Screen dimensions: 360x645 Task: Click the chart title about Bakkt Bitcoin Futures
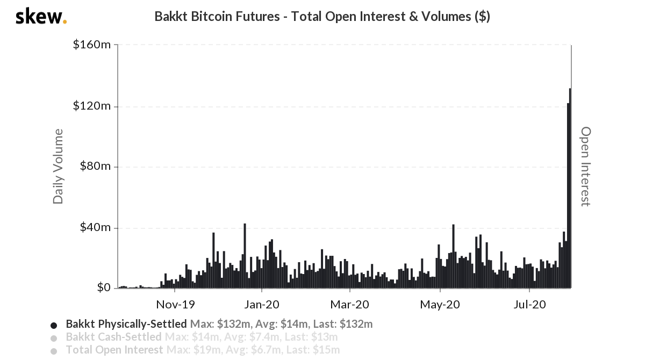(x=322, y=17)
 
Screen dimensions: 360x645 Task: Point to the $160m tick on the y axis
(x=92, y=45)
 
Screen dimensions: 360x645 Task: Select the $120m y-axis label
(x=92, y=106)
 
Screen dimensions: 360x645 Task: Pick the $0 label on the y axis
(x=104, y=288)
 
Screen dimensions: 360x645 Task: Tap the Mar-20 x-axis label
(x=349, y=305)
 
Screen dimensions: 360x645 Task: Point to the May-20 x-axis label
(x=440, y=305)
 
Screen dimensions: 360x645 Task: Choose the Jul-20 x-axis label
(x=529, y=305)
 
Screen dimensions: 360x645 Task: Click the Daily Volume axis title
(x=58, y=167)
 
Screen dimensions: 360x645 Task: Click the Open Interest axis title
(x=585, y=167)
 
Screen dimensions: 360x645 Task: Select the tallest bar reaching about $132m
(x=570, y=188)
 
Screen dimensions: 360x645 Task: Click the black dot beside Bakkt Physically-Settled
(x=53, y=325)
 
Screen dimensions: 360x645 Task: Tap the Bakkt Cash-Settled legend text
(x=113, y=337)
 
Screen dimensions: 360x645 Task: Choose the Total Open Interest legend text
(x=114, y=350)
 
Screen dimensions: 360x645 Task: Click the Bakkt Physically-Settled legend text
(x=126, y=325)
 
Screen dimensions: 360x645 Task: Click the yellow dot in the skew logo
(x=65, y=22)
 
